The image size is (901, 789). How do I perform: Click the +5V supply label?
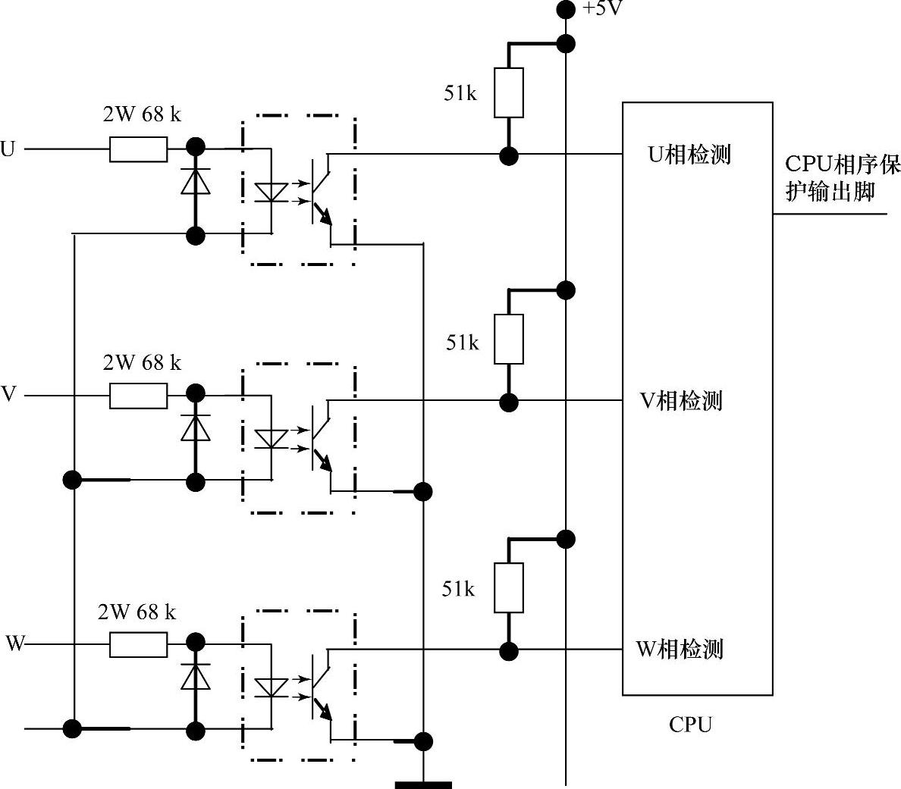pos(602,10)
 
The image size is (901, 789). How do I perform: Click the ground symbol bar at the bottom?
pos(422,784)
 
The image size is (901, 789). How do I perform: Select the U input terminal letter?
pos(8,149)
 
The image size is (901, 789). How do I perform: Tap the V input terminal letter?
pos(8,395)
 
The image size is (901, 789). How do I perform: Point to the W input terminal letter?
pos(15,644)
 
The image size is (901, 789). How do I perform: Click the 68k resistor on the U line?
pos(138,149)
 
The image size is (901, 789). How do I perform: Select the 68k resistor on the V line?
pos(138,396)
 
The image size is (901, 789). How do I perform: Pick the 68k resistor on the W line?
pos(138,645)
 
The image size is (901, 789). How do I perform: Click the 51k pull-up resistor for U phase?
pos(508,92)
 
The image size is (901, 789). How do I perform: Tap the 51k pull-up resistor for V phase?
pos(508,339)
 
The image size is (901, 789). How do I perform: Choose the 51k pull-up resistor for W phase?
pos(508,587)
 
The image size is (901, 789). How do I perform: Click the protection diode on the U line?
pos(196,182)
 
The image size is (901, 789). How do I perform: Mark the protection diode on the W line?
pos(196,677)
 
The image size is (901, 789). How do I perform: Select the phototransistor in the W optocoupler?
pos(321,686)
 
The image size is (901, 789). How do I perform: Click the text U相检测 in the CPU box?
pos(689,155)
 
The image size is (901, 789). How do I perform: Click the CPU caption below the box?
pos(690,725)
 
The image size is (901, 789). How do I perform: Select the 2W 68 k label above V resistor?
pos(142,363)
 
